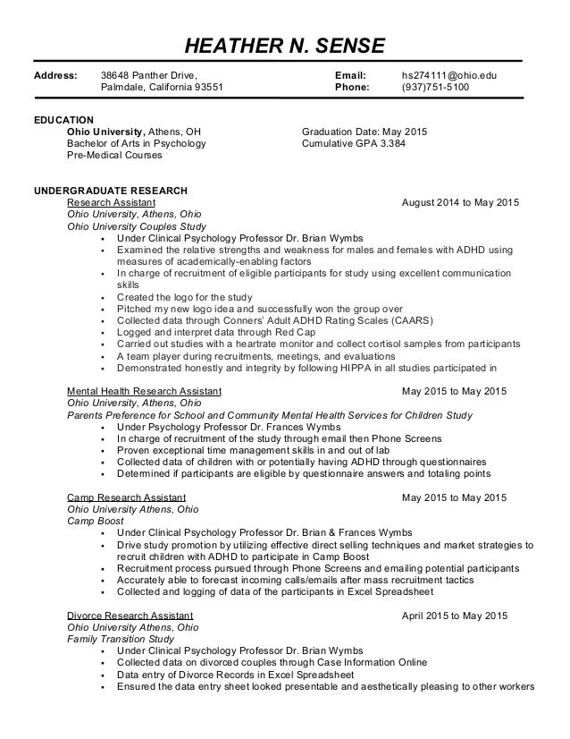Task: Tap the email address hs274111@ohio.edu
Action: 448,75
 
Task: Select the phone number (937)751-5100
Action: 435,88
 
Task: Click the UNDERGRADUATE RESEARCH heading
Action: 110,191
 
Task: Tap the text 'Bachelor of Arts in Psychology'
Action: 137,143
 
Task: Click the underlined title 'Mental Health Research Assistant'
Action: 145,391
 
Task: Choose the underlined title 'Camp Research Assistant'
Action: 127,497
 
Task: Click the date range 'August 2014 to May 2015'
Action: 455,203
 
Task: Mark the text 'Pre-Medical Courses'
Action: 115,155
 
